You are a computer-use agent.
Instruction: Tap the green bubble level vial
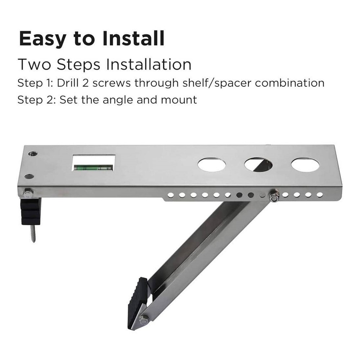click(x=93, y=167)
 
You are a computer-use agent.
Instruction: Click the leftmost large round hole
click(x=212, y=165)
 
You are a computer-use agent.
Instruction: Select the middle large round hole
click(x=258, y=165)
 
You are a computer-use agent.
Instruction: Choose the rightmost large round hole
click(x=305, y=165)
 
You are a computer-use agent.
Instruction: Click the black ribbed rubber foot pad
click(x=138, y=302)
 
